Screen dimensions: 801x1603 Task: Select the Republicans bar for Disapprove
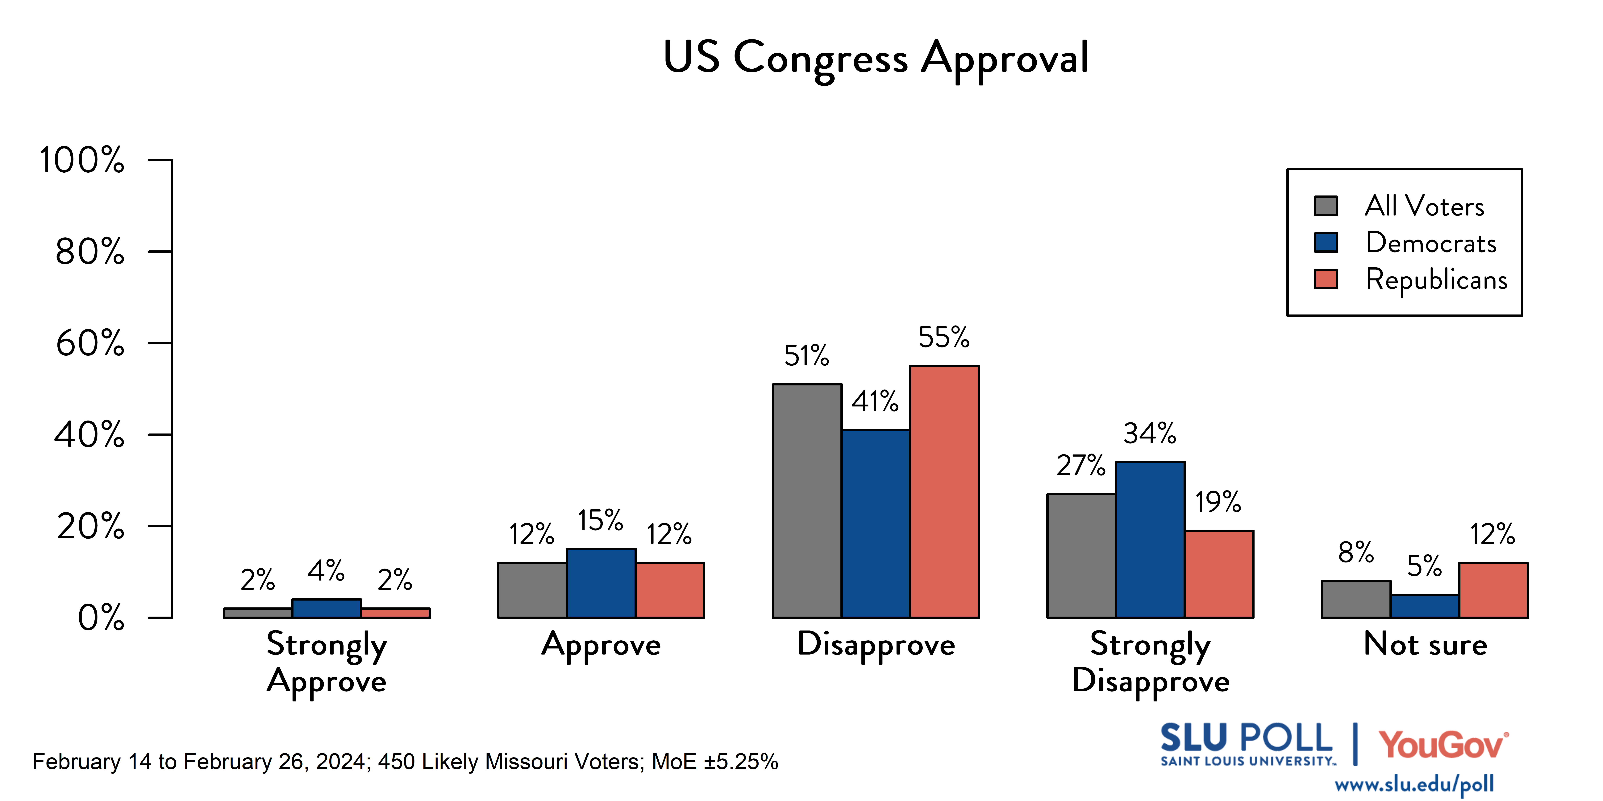point(944,491)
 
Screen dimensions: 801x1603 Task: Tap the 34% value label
point(1149,433)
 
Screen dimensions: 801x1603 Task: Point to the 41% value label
point(875,402)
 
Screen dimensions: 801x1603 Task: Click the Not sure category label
point(1425,644)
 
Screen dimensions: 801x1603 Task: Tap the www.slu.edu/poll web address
point(1414,784)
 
